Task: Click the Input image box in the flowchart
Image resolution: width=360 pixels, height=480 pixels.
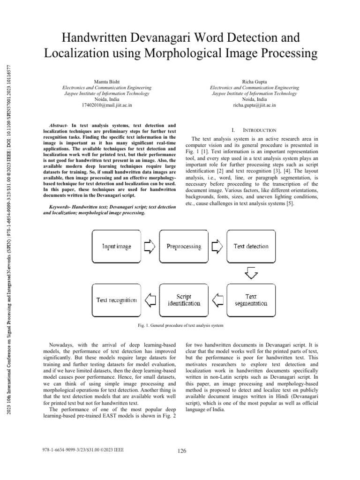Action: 117,247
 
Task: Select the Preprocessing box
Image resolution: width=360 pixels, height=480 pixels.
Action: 184,247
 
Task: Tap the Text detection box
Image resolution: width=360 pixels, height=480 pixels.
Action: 251,247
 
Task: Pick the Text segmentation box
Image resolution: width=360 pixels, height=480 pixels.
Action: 251,300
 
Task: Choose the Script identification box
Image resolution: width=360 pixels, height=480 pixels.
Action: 184,300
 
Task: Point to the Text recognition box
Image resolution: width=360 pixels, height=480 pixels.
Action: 117,300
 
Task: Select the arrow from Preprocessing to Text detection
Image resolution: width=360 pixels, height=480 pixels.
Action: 217,247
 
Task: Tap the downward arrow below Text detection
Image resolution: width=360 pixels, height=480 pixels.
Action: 251,273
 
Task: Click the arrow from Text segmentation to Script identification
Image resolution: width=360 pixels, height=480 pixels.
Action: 217,300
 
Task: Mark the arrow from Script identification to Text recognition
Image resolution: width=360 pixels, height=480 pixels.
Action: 150,300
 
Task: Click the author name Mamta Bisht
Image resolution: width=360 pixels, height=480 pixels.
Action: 107,82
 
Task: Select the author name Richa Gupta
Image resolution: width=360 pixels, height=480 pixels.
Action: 255,82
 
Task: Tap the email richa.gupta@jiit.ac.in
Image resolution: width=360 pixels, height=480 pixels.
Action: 255,106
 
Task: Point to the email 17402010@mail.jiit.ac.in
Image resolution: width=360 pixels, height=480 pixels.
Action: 107,106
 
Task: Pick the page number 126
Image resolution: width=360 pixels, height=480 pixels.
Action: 182,451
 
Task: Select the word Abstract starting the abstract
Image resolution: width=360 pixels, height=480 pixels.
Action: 58,126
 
